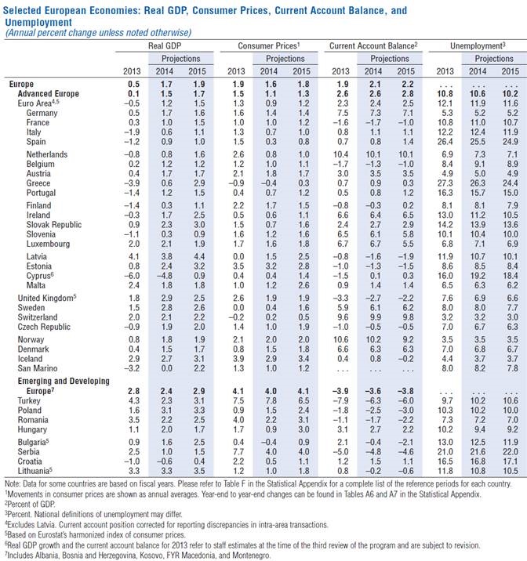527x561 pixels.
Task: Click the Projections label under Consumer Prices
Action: pos(286,59)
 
